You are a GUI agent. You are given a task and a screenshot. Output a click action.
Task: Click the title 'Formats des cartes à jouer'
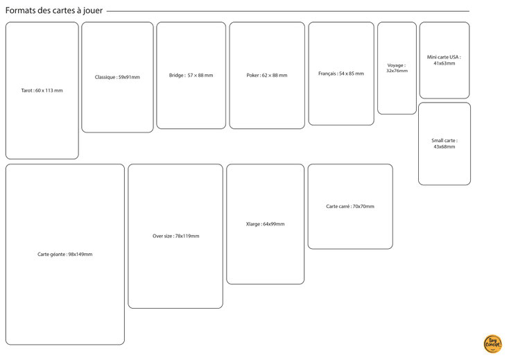pyautogui.click(x=54, y=10)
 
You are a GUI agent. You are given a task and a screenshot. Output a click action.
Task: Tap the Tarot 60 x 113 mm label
pyautogui.click(x=42, y=91)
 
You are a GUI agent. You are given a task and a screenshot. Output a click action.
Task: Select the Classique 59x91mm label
pyautogui.click(x=117, y=77)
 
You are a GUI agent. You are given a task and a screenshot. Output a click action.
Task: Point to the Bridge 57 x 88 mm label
pyautogui.click(x=191, y=76)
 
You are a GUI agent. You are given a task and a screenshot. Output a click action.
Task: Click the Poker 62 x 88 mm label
pyautogui.click(x=267, y=76)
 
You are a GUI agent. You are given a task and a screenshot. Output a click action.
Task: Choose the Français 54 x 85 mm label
pyautogui.click(x=341, y=74)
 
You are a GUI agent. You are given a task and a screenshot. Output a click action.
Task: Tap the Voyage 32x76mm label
pyautogui.click(x=397, y=68)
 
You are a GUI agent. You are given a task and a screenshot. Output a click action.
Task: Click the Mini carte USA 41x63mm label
pyautogui.click(x=444, y=60)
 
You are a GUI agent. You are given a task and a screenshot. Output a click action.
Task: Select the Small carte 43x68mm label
pyautogui.click(x=445, y=144)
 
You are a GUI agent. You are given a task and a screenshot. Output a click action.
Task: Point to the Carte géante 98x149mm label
pyautogui.click(x=65, y=254)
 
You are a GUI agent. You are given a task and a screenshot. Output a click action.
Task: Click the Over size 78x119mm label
pyautogui.click(x=176, y=236)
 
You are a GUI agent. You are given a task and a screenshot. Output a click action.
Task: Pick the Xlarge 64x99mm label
pyautogui.click(x=265, y=224)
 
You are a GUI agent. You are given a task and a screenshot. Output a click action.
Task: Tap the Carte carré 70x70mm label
pyautogui.click(x=350, y=207)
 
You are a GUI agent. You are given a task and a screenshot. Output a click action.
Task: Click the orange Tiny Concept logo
pyautogui.click(x=493, y=344)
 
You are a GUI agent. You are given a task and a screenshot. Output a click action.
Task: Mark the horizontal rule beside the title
pyautogui.click(x=288, y=11)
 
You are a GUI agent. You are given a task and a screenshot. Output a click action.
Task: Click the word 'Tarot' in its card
pyautogui.click(x=26, y=91)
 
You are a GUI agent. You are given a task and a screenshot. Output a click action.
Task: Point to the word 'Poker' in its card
pyautogui.click(x=253, y=76)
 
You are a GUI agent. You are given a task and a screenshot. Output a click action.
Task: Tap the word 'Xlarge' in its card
pyautogui.click(x=253, y=224)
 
